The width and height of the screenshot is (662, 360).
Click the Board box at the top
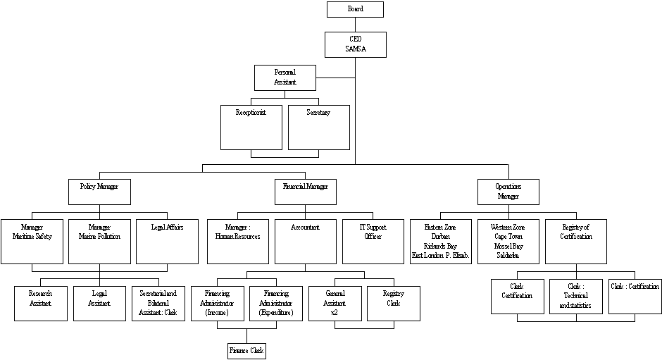[x=355, y=9]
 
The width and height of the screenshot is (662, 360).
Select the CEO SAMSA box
[x=356, y=44]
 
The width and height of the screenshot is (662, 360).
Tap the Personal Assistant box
[x=285, y=77]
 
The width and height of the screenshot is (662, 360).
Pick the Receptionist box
[x=251, y=128]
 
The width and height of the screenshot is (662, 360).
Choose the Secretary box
[x=318, y=128]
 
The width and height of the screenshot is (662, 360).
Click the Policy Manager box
[x=99, y=191]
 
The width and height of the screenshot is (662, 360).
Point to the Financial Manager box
[x=305, y=191]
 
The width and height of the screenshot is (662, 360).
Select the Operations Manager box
[x=508, y=192]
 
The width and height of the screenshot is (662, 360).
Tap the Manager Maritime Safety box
[x=32, y=241]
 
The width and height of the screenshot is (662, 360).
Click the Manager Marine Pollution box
[x=99, y=241]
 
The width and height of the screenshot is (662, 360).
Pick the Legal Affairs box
[x=167, y=241]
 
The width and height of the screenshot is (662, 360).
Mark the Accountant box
[x=305, y=241]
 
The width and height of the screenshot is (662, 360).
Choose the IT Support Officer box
[x=373, y=241]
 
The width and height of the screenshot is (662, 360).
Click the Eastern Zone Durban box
[x=440, y=241]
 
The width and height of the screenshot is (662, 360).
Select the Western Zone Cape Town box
[x=508, y=241]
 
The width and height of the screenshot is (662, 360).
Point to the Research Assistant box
[x=40, y=303]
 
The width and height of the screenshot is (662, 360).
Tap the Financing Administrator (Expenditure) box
[x=275, y=303]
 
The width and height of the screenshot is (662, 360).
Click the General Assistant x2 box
[x=335, y=303]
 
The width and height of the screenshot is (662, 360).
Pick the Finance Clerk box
[x=246, y=350]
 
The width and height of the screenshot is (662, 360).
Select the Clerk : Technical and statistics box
[x=576, y=297]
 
